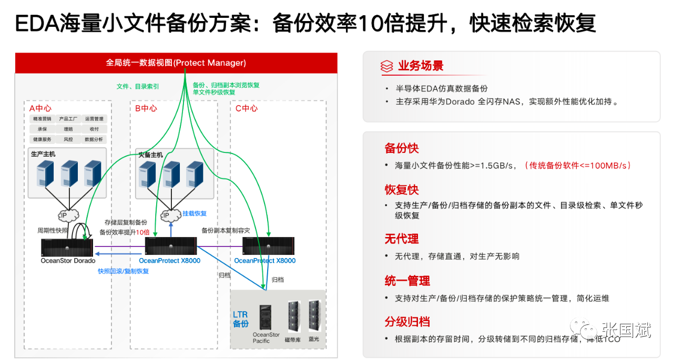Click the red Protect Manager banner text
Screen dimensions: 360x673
coord(176,63)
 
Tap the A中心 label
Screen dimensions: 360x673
coord(40,108)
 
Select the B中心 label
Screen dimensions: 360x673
coord(146,108)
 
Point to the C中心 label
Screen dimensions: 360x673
coord(246,108)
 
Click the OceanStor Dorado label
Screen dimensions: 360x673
coord(68,261)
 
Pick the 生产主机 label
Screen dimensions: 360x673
coord(43,155)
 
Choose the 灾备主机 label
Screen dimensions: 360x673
coord(150,155)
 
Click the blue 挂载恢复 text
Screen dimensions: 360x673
coord(195,213)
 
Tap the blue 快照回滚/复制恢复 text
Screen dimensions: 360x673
coord(123,271)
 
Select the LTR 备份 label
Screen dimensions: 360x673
coord(241,319)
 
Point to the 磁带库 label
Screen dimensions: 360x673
coord(292,340)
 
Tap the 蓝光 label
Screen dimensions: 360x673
coord(314,340)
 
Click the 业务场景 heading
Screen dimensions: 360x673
coord(421,66)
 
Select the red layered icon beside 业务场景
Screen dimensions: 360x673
coord(387,66)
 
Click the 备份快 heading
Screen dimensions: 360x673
coord(402,148)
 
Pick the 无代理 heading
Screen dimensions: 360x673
coord(402,239)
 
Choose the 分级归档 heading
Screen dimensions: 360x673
coord(407,322)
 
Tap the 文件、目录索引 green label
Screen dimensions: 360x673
coord(138,86)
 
